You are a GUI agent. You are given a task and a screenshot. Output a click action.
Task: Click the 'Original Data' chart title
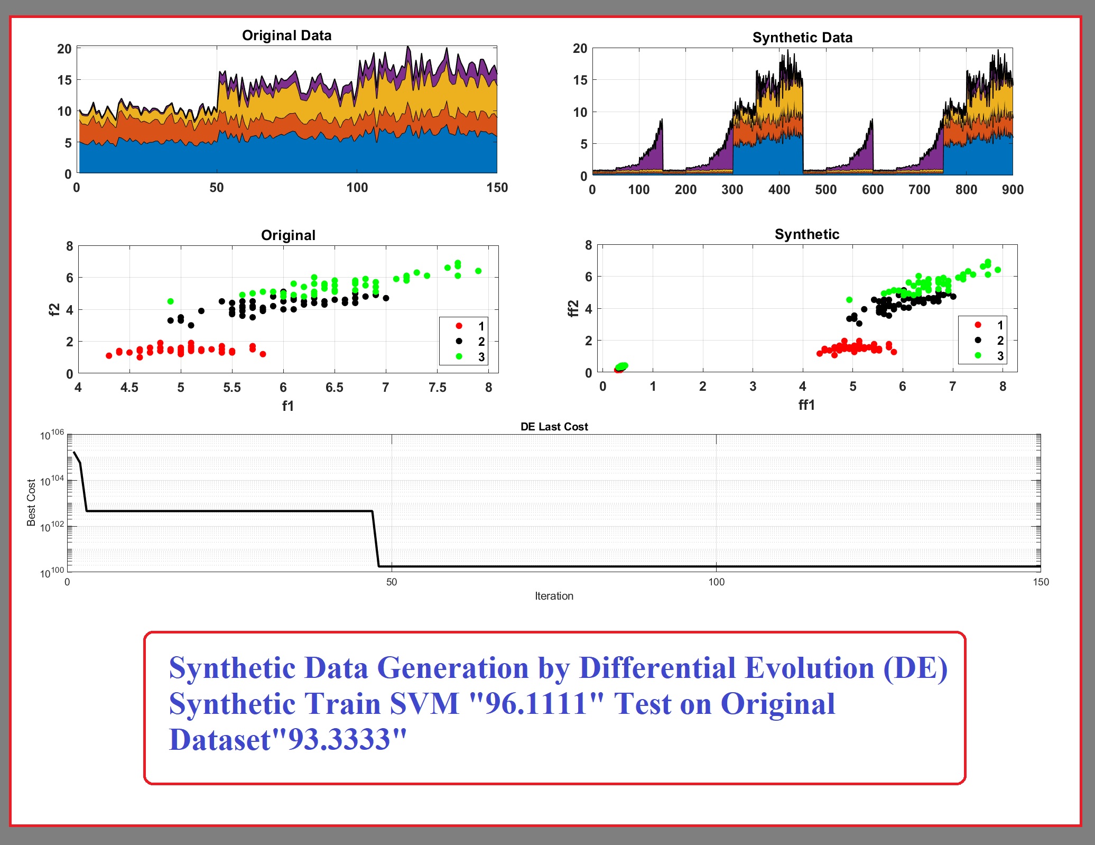tap(286, 35)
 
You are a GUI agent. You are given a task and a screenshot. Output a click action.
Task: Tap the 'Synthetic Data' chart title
tap(802, 38)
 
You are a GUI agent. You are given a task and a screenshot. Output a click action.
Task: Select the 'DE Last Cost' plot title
tap(554, 427)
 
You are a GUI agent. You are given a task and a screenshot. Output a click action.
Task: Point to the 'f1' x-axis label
tap(287, 406)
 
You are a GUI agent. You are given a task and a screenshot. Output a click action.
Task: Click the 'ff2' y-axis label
tap(573, 308)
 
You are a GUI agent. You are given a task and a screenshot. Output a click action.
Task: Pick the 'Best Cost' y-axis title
tap(31, 502)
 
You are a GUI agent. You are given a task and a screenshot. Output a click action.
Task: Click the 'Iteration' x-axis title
tap(554, 596)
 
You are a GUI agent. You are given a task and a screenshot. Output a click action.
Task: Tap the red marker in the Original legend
tap(459, 326)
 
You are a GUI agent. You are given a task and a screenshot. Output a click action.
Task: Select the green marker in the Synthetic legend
tap(978, 355)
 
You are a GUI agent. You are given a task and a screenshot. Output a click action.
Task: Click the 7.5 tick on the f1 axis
tap(437, 388)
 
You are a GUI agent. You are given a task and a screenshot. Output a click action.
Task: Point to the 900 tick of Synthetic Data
tap(1013, 190)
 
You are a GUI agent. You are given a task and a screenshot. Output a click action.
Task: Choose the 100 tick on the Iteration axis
tap(716, 582)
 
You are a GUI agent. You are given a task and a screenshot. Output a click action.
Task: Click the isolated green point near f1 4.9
tap(170, 301)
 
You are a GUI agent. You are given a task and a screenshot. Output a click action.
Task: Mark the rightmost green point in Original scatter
tap(478, 271)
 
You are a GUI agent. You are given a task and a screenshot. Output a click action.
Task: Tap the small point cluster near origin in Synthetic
tap(621, 367)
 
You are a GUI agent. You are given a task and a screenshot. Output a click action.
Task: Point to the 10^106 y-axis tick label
tap(52, 435)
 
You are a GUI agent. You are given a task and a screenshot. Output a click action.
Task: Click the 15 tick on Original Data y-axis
tap(64, 80)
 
